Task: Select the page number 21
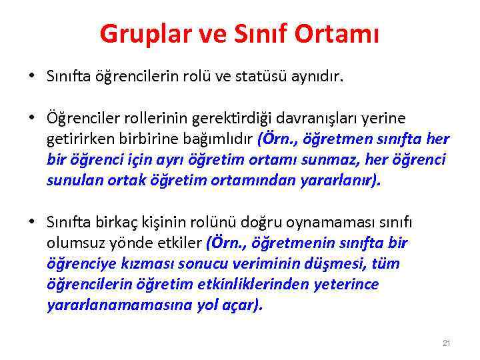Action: click(x=447, y=343)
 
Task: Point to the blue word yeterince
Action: click(x=346, y=284)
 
